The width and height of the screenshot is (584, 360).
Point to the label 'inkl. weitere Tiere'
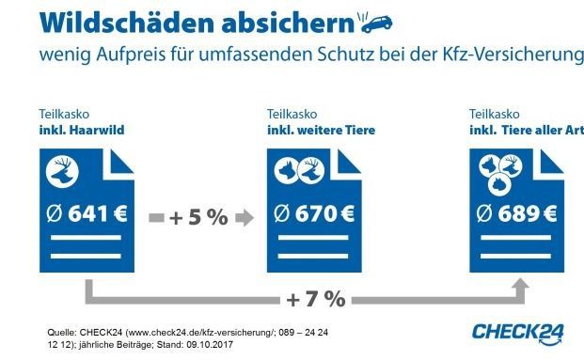point(321,130)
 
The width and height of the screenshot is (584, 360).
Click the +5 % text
point(198,217)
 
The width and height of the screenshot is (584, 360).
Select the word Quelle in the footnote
point(62,332)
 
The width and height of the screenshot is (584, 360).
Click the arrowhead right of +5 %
point(246,217)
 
